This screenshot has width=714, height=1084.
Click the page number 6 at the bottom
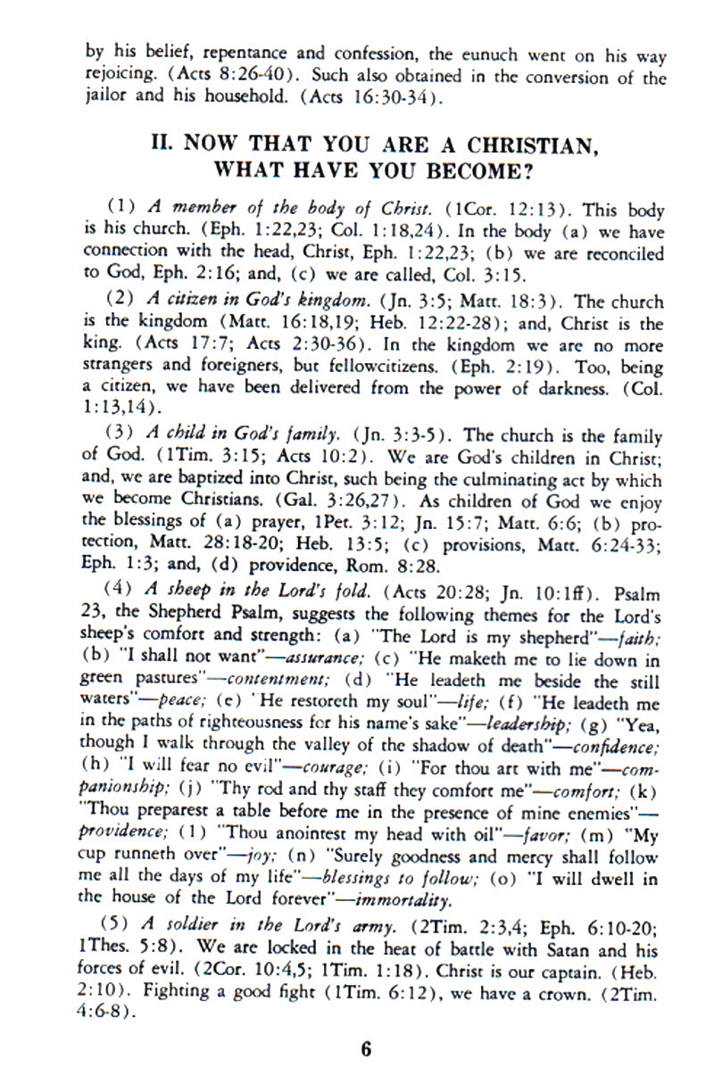(365, 1049)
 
